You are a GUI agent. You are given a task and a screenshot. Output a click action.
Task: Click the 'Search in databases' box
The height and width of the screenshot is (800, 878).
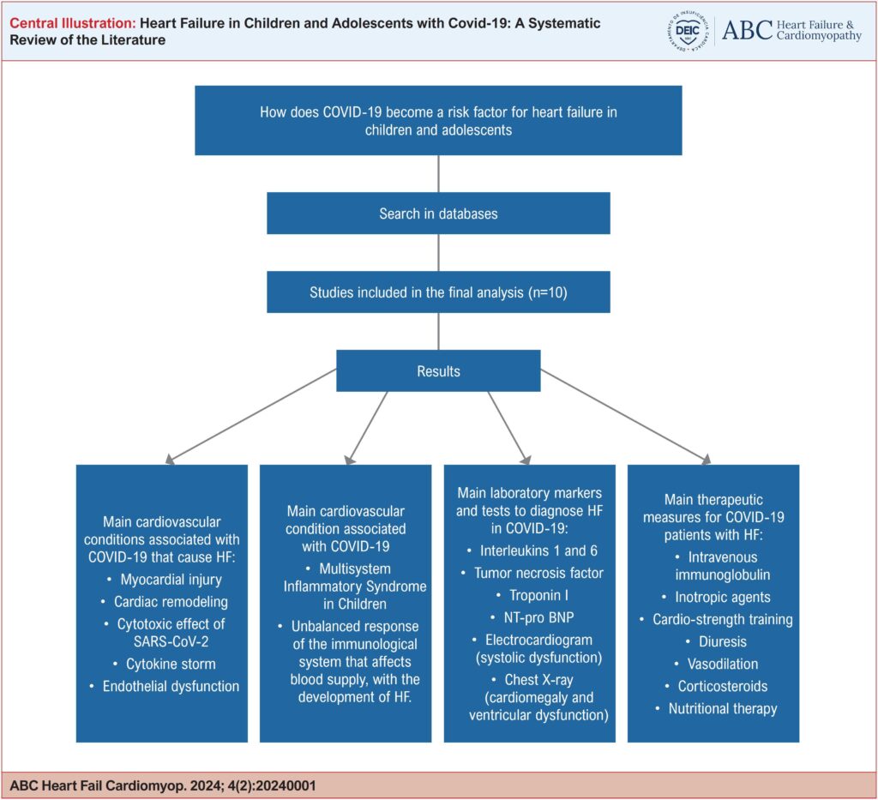coord(438,214)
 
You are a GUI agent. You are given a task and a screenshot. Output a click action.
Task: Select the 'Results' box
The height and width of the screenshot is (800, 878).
coord(438,370)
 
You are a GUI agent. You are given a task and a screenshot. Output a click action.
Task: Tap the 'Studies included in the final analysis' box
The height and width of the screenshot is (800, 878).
coord(438,292)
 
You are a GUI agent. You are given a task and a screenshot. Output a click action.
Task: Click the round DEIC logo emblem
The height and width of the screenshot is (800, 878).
coord(689,31)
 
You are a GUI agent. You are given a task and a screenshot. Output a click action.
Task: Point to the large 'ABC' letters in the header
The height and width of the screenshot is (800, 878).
coord(747,30)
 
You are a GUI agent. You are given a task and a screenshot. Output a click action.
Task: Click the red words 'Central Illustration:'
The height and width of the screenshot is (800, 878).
coord(73,23)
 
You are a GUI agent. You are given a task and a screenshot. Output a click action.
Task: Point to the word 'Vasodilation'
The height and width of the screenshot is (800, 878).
coord(723,664)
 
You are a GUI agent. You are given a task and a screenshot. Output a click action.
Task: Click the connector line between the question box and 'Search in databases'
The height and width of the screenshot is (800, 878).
coord(438,173)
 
